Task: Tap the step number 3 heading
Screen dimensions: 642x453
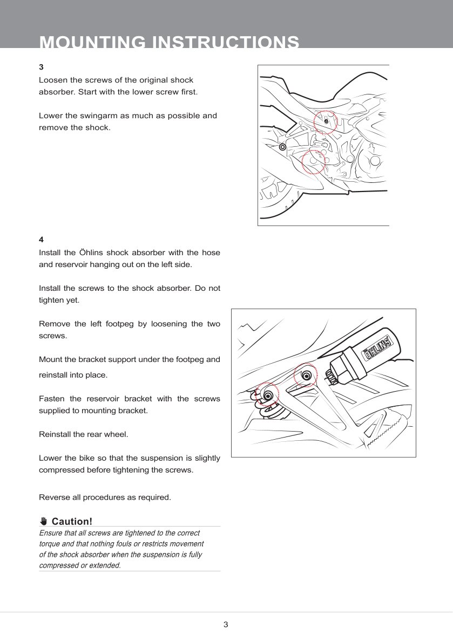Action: pos(41,67)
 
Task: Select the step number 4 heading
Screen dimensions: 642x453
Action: pos(41,239)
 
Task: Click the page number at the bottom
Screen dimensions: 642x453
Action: pos(226,625)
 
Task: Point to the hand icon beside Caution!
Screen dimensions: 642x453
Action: pos(44,521)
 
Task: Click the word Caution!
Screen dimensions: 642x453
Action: pos(72,521)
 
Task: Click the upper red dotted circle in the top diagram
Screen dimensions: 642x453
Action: pos(326,121)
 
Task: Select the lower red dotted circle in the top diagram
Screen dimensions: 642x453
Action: pos(313,162)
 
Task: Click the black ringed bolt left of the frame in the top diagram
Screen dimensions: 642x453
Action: pos(282,147)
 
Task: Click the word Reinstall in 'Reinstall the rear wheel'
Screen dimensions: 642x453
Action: pos(56,434)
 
